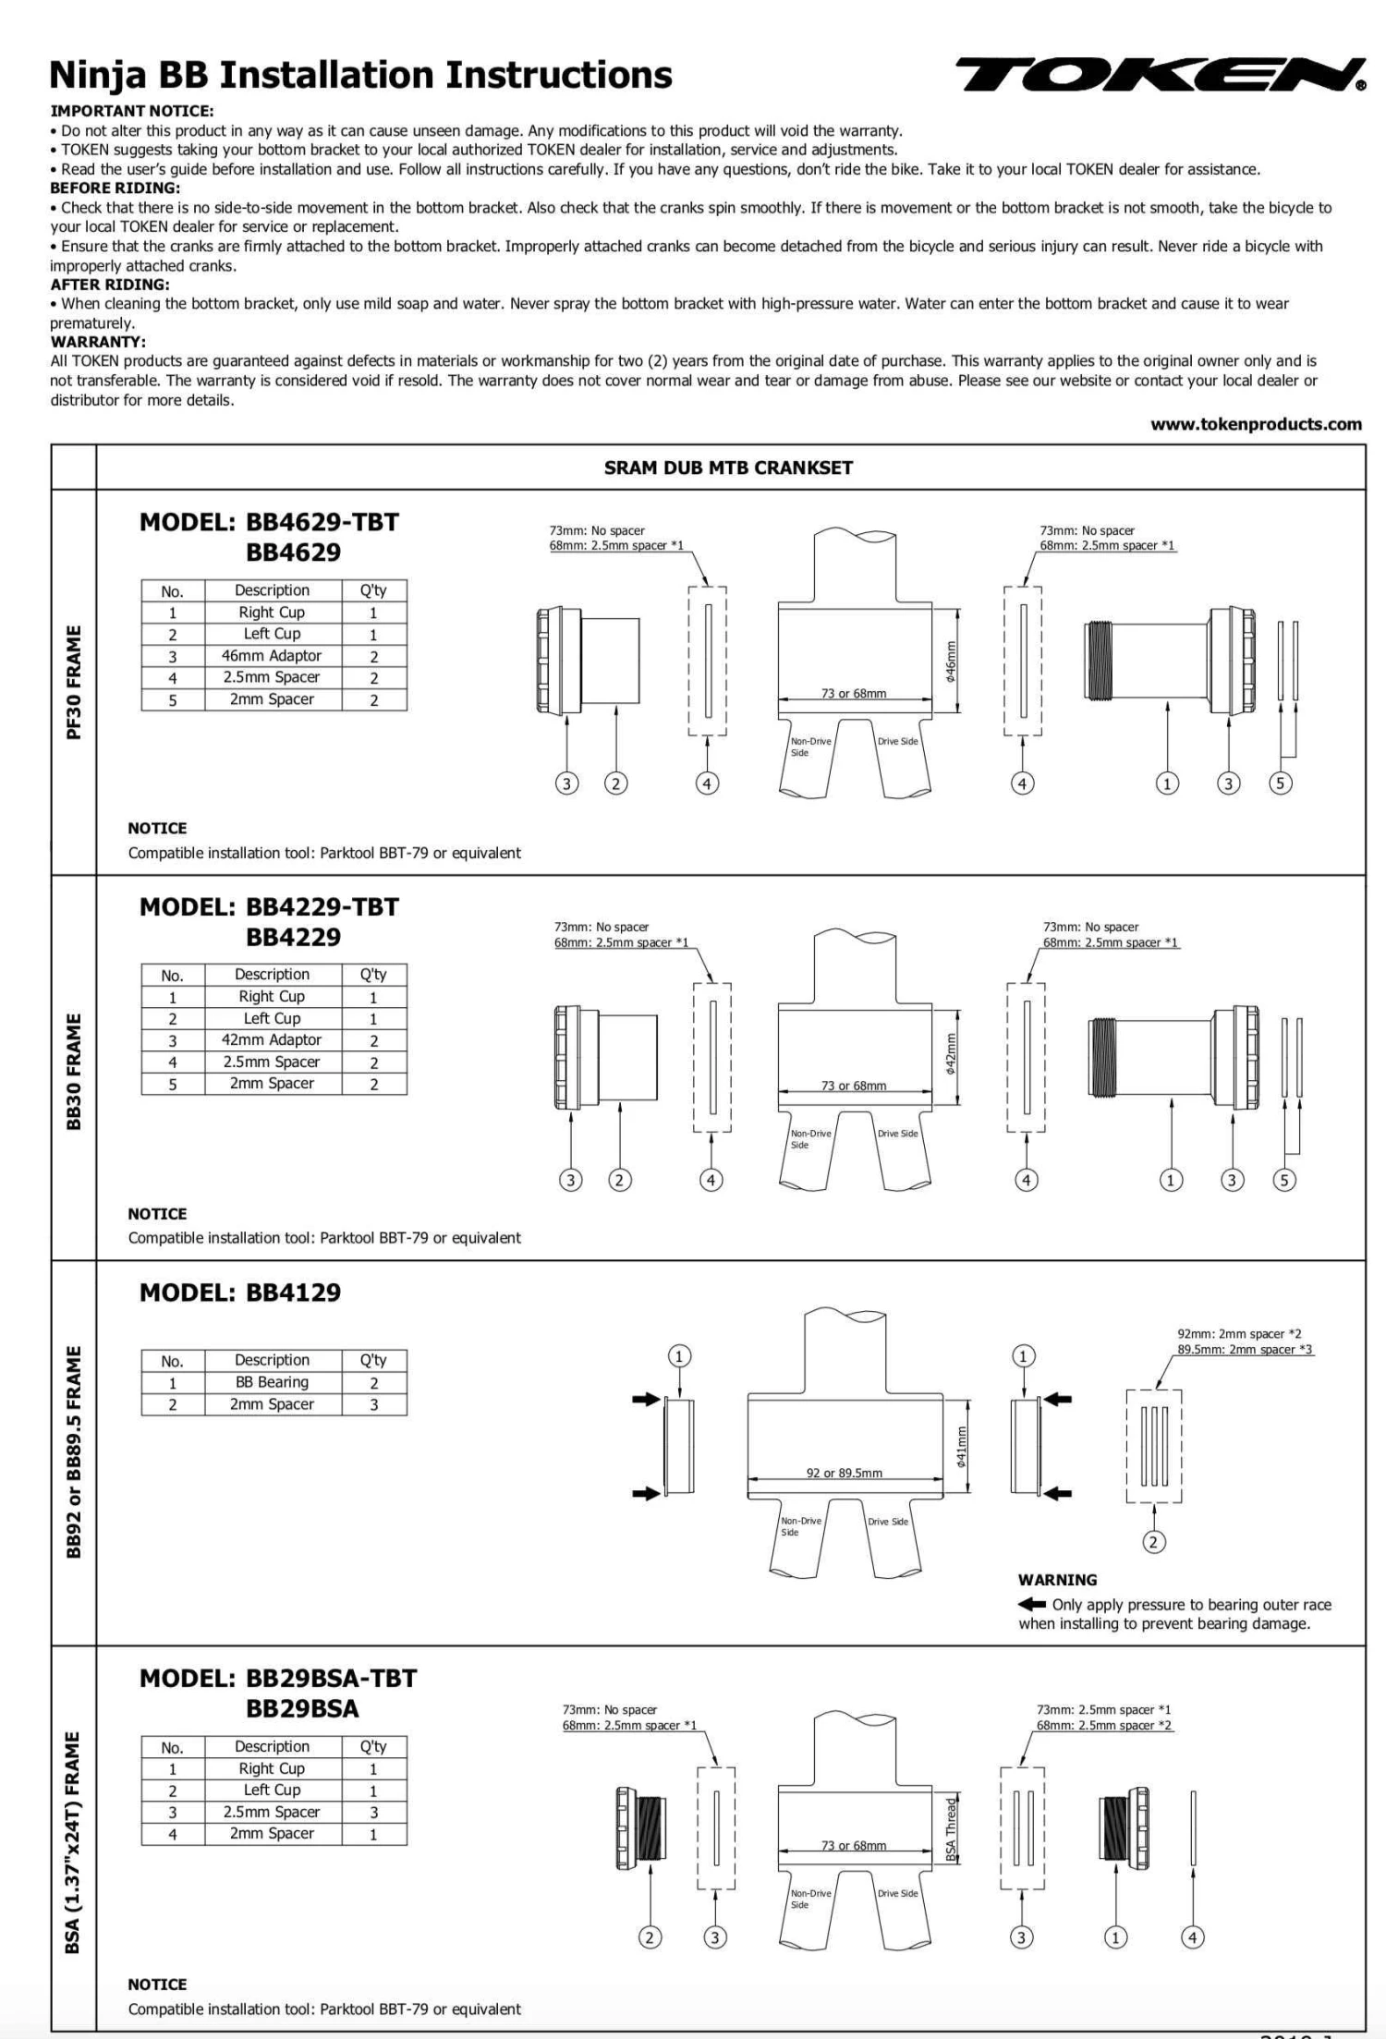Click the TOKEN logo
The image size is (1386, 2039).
pyautogui.click(x=1160, y=74)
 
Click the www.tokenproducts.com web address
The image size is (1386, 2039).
pyautogui.click(x=1256, y=424)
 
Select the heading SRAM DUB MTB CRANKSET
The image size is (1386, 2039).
pyautogui.click(x=728, y=467)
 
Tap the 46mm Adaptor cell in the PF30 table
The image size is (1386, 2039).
pyautogui.click(x=272, y=656)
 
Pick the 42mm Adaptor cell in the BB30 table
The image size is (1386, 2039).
pyautogui.click(x=272, y=1040)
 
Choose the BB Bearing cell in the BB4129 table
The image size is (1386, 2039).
pyautogui.click(x=272, y=1382)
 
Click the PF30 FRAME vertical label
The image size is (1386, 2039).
pyautogui.click(x=74, y=682)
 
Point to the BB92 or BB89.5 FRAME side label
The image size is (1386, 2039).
pyautogui.click(x=74, y=1451)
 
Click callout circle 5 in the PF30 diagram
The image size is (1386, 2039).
pyautogui.click(x=1280, y=783)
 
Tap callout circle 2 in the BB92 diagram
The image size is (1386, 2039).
pyautogui.click(x=1153, y=1541)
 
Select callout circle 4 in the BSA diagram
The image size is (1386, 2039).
pyautogui.click(x=1193, y=1937)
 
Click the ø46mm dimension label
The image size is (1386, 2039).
pyautogui.click(x=951, y=661)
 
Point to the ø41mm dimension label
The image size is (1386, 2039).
pyautogui.click(x=961, y=1447)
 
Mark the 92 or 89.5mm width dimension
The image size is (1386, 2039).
pyautogui.click(x=844, y=1473)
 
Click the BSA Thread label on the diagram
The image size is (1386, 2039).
pyautogui.click(x=951, y=1828)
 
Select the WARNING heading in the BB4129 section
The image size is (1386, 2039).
pyautogui.click(x=1057, y=1580)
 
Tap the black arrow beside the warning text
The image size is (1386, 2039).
pyautogui.click(x=1031, y=1604)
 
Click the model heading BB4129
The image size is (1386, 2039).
pyautogui.click(x=240, y=1293)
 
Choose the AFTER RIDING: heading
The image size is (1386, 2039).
pyautogui.click(x=110, y=285)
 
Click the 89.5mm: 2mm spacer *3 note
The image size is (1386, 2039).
pyautogui.click(x=1245, y=1350)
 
